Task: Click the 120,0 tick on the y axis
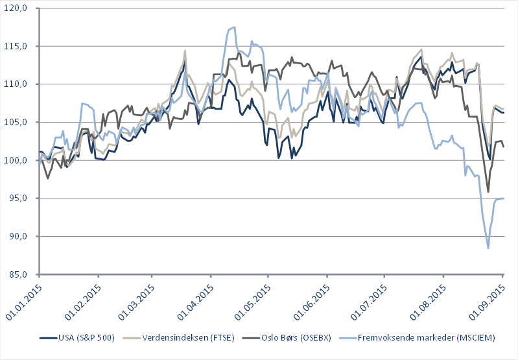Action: (x=17, y=8)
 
